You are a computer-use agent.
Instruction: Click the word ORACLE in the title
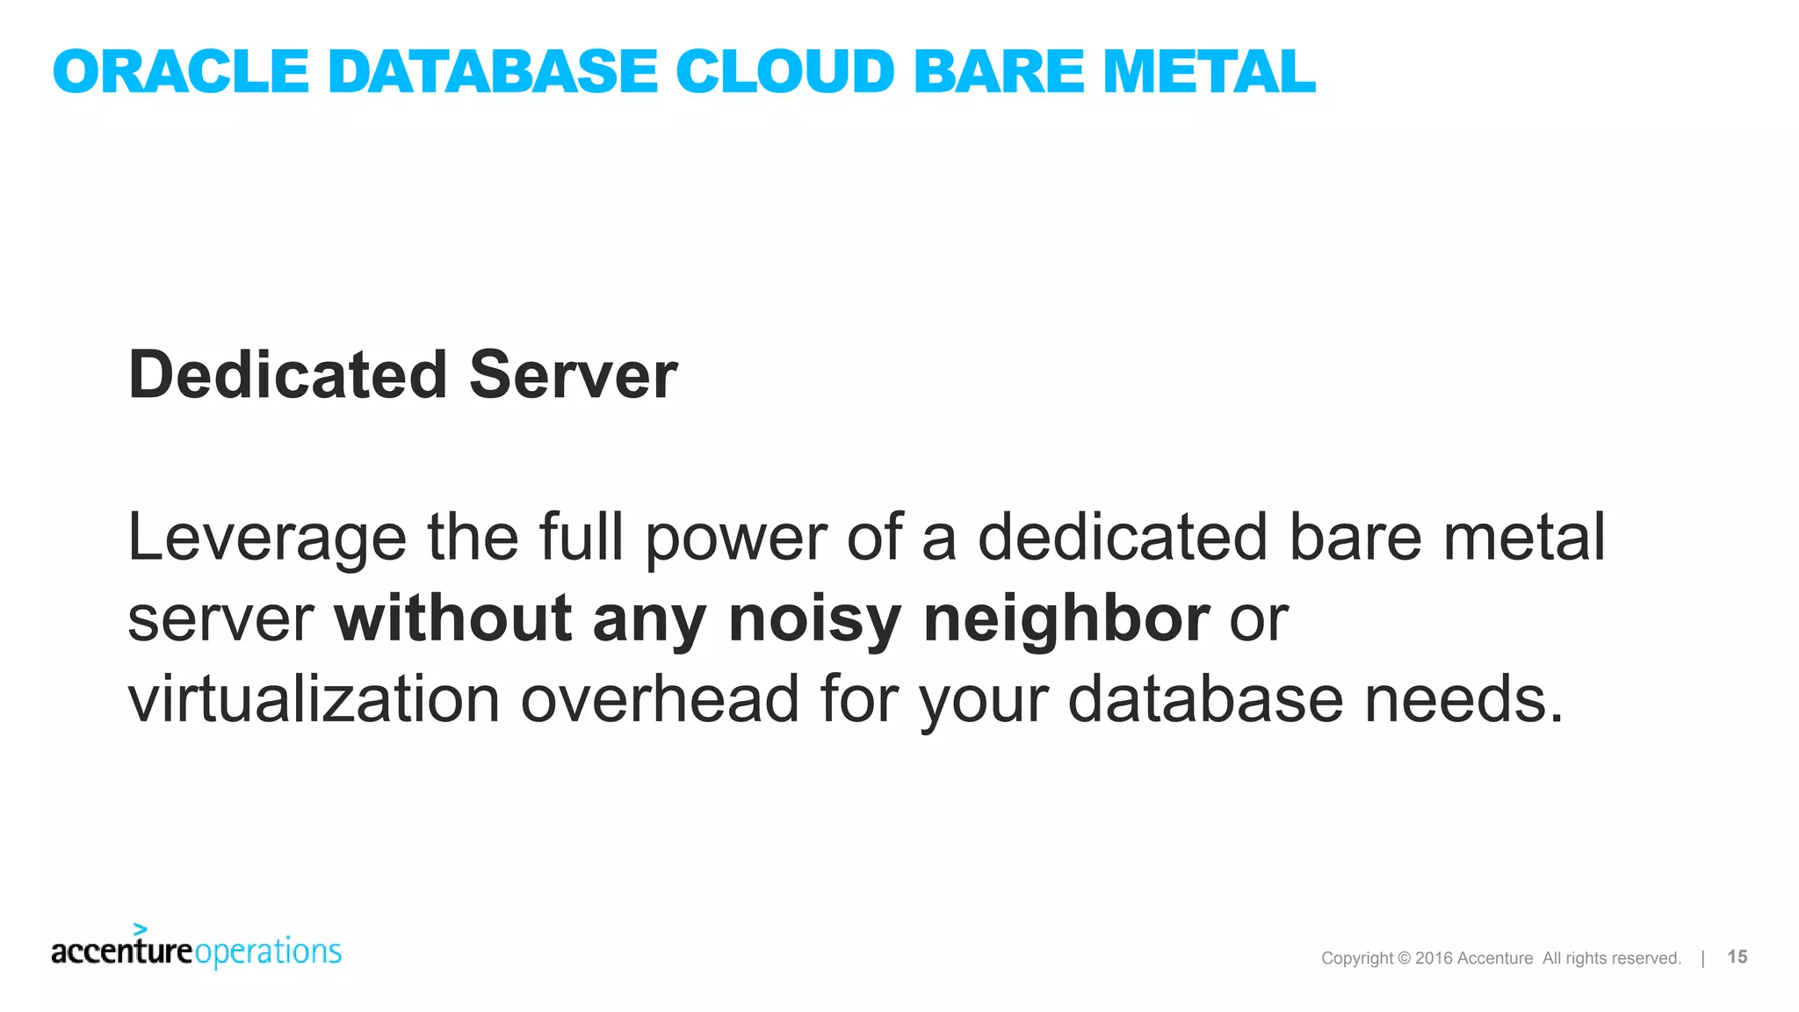tap(180, 72)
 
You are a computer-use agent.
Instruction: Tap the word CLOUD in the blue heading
tap(784, 72)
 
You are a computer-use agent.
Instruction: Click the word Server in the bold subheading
tap(573, 375)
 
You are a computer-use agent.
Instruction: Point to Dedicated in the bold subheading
tap(288, 375)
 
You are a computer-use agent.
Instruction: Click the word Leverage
tap(267, 538)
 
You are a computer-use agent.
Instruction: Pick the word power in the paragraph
tap(736, 538)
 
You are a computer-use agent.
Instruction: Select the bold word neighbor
tap(1066, 619)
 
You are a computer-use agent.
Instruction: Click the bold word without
tap(453, 619)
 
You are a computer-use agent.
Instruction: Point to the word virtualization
tap(314, 700)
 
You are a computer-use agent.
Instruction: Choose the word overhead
tap(660, 700)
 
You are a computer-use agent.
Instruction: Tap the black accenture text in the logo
tap(121, 952)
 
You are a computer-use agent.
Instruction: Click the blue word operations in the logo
tap(268, 952)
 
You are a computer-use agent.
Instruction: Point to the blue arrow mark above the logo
tap(140, 929)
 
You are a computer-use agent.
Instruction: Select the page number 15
tap(1737, 957)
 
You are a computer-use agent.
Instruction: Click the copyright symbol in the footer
tap(1404, 958)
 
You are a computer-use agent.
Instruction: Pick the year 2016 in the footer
tap(1434, 958)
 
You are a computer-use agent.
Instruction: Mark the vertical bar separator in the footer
tap(1702, 958)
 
